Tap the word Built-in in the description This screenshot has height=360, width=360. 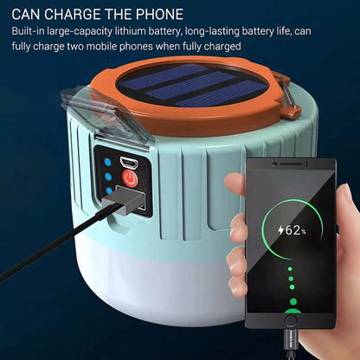[x=32, y=31]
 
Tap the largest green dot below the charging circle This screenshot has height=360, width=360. [x=293, y=302]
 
